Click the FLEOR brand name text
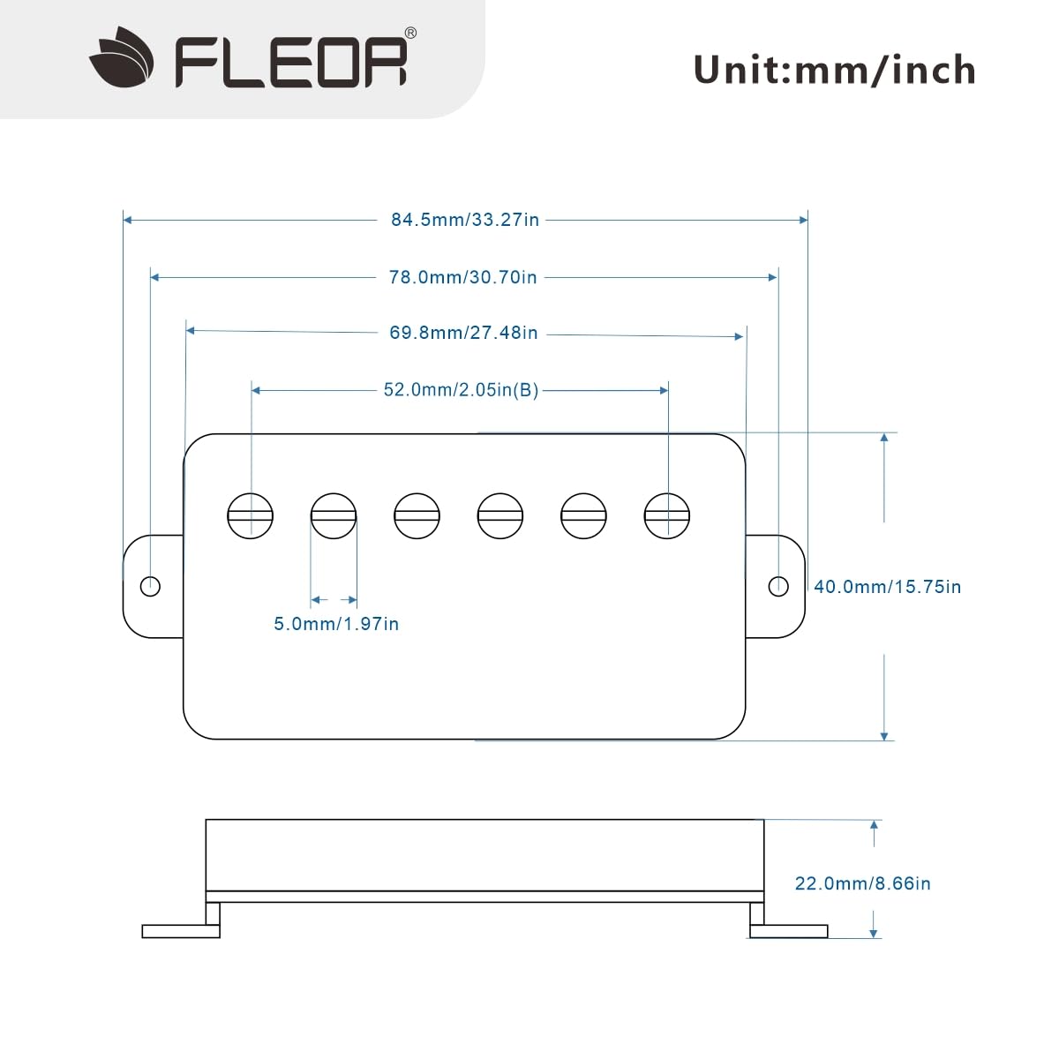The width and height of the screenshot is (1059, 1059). click(291, 62)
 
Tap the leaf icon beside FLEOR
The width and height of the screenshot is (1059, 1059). click(122, 57)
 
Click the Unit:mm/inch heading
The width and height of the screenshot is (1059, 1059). click(834, 71)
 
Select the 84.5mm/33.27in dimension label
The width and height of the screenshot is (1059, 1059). click(465, 220)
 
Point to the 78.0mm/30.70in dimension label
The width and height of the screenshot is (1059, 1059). click(462, 277)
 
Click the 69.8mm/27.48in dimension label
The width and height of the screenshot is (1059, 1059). click(463, 333)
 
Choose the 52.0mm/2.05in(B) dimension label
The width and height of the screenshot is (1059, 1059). click(461, 390)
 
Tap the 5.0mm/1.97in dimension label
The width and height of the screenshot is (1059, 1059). click(336, 624)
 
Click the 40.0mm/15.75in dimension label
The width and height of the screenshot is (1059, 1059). click(888, 587)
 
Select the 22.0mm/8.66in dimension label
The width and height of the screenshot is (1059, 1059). click(863, 883)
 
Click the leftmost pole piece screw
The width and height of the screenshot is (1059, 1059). click(250, 516)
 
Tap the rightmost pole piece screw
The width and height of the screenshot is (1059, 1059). click(666, 516)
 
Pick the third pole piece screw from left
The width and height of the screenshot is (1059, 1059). click(417, 516)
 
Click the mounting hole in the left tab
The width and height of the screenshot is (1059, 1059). click(150, 586)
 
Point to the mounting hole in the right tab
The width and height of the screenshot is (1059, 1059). click(778, 586)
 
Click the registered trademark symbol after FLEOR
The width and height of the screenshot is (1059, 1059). click(410, 33)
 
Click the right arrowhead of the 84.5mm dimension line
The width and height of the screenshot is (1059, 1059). click(803, 220)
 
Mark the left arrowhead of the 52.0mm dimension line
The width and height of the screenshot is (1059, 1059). click(256, 390)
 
